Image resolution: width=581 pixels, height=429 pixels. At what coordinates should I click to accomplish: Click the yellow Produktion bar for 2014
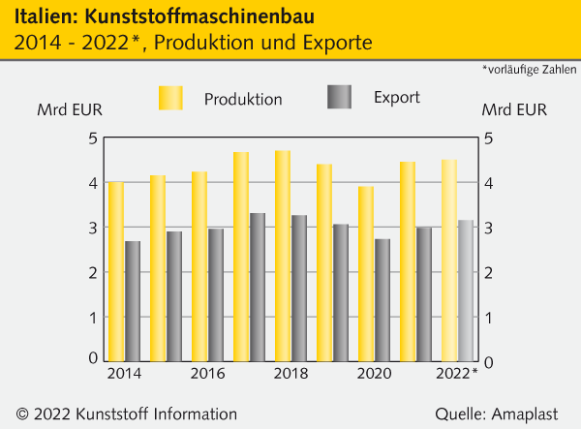115,271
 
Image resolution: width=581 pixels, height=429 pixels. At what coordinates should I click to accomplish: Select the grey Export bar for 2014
133,301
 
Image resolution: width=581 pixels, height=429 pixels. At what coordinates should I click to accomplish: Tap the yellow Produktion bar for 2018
283,256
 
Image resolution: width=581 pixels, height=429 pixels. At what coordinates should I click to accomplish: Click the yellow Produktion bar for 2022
449,260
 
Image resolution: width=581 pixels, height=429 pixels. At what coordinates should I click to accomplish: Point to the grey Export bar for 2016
216,295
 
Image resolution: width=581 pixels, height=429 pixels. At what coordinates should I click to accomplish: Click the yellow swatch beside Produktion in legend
170,98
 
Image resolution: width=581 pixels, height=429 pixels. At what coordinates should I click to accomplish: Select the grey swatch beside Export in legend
340,97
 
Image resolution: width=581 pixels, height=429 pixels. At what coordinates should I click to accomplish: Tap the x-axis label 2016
206,375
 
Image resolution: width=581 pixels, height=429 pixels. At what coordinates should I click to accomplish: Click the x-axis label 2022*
457,375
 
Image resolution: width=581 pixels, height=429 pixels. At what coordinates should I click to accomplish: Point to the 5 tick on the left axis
93,138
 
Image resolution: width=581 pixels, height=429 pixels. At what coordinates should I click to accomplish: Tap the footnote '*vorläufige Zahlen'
528,69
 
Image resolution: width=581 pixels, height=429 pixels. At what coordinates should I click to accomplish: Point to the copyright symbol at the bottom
22,414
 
